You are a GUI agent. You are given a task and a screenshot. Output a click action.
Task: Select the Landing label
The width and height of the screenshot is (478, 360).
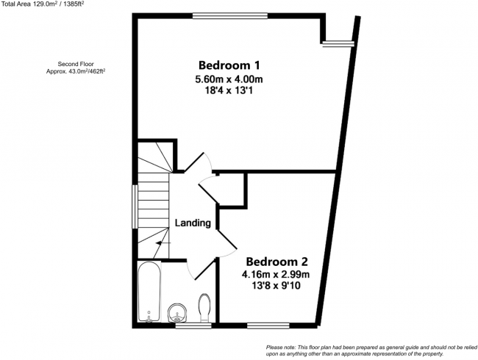coord(193,223)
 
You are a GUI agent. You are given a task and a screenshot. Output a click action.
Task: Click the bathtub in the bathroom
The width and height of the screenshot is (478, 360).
coord(149,292)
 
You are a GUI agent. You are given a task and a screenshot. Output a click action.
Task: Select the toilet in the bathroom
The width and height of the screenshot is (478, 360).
coord(205,308)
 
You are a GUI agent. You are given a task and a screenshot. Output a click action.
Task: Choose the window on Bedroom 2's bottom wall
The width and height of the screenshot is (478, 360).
coord(268,325)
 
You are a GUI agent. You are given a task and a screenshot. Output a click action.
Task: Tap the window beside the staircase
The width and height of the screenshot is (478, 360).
coord(134,206)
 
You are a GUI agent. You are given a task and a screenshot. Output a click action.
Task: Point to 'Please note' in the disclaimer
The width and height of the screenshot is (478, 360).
coord(283,347)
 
